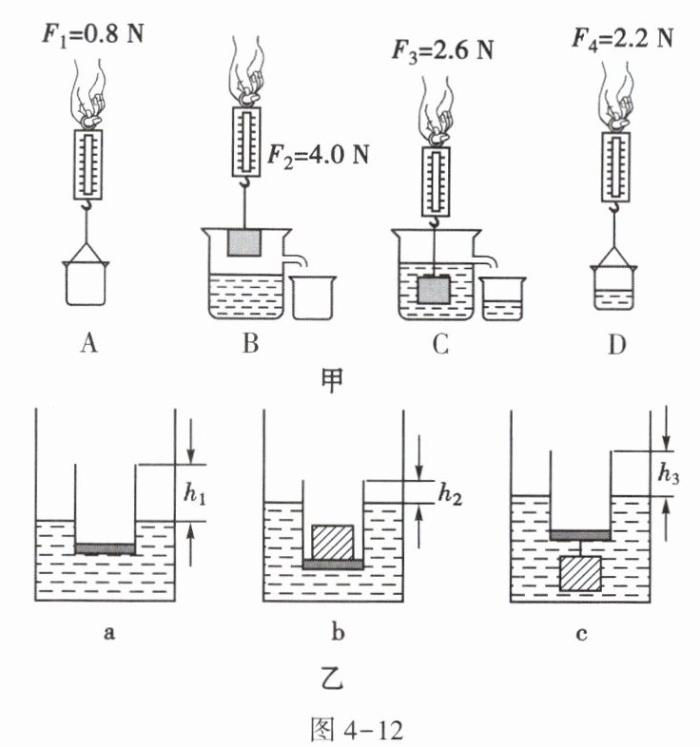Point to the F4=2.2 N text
623,39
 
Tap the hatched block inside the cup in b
333,542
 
